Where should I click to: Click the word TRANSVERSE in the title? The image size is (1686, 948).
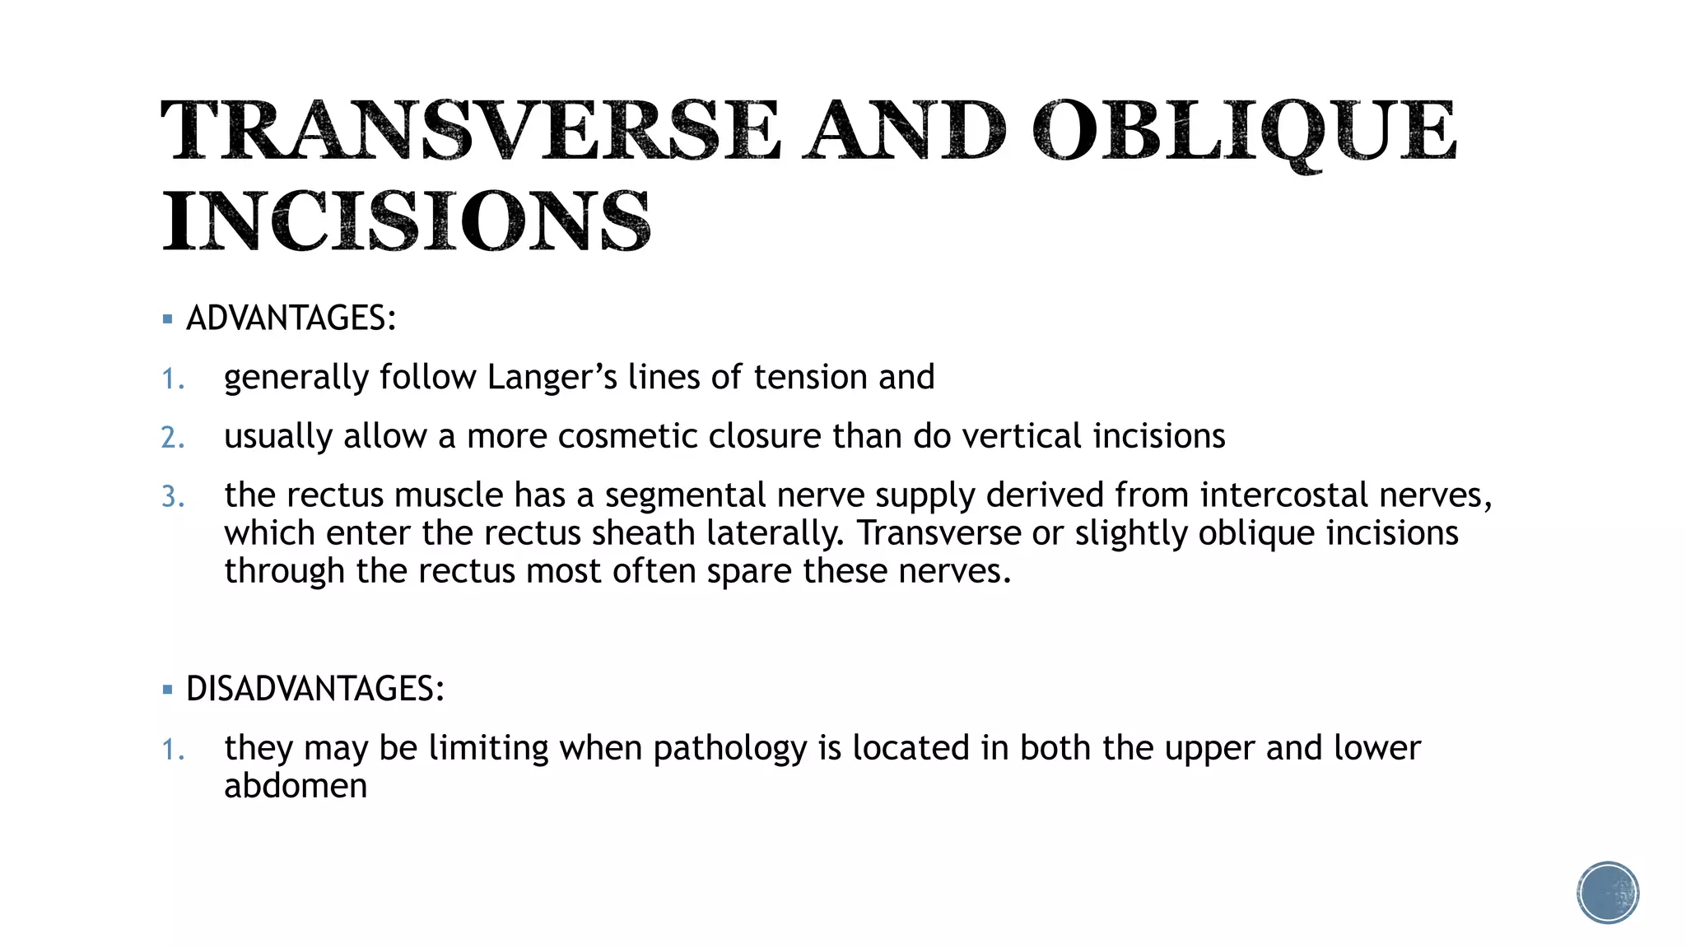[470, 130]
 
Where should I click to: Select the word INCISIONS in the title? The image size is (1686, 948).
[407, 221]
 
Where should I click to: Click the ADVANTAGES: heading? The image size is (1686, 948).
[291, 318]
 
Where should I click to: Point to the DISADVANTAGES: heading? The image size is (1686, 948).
[315, 689]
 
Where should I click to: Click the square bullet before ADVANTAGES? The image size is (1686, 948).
[168, 319]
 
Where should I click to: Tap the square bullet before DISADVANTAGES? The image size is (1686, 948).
[168, 690]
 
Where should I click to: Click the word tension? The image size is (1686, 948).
[809, 378]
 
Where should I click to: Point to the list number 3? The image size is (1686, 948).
[172, 497]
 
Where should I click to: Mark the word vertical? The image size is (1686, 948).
[1021, 436]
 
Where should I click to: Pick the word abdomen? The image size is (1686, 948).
[296, 786]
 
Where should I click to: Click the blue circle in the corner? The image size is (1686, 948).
[1608, 893]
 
